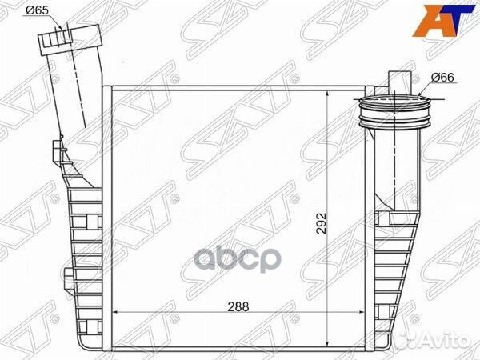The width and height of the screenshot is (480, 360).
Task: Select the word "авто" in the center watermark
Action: (x=255, y=261)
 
